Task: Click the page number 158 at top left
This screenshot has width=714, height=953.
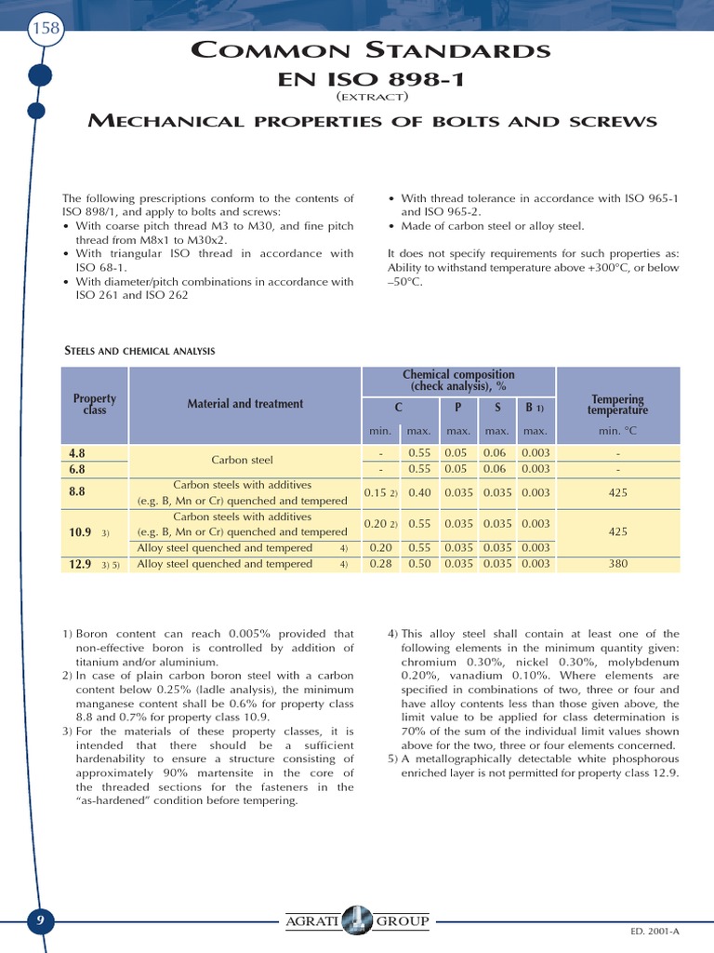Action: pos(46,28)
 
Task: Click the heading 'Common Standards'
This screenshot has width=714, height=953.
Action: pos(370,50)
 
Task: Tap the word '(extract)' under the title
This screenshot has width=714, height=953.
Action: pos(370,97)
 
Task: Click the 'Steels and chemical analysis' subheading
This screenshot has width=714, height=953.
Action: pos(139,351)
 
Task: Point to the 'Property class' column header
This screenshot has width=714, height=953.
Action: pos(94,404)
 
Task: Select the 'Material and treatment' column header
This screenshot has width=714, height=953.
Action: pos(245,404)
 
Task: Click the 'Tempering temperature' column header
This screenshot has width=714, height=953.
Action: pos(617,405)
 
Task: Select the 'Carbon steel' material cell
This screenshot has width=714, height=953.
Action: pos(242,460)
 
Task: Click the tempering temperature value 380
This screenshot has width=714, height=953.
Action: pos(617,564)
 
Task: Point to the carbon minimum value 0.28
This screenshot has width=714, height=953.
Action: pos(380,564)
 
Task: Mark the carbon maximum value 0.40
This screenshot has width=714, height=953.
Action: pos(419,493)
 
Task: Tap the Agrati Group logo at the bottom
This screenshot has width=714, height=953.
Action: pos(357,921)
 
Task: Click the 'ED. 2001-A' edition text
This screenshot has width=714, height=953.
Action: pos(656,931)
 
